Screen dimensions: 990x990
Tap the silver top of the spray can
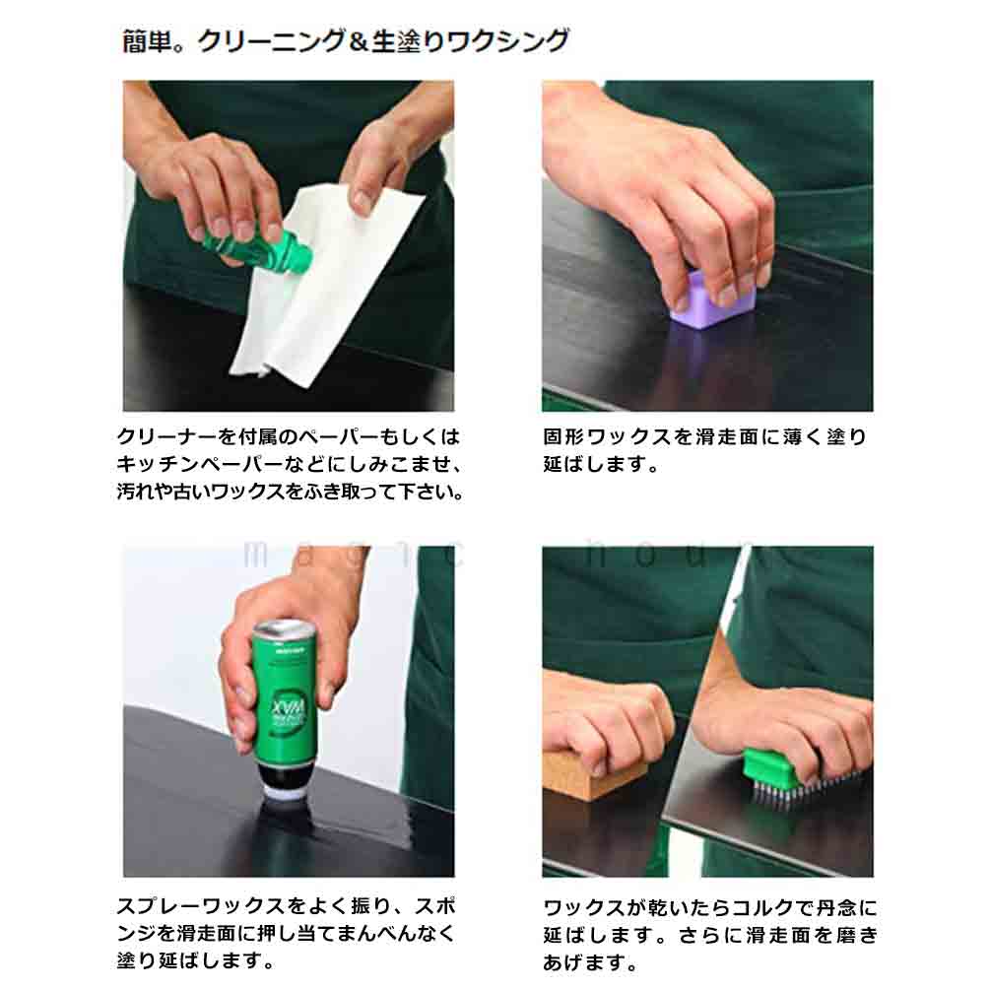[x=284, y=631]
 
